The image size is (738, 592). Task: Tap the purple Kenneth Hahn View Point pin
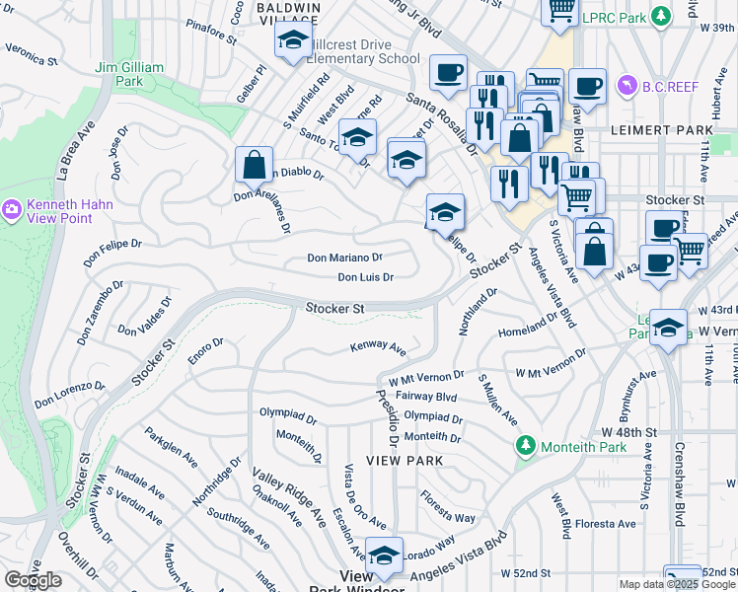click(x=12, y=209)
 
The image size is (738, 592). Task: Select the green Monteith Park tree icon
click(x=526, y=447)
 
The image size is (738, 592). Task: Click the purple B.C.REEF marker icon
click(x=626, y=87)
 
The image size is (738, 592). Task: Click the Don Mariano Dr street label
click(x=344, y=258)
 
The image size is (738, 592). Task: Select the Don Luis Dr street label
click(x=366, y=277)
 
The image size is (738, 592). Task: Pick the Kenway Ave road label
click(x=379, y=348)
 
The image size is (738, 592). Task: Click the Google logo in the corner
click(x=33, y=580)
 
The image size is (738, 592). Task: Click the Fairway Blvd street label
click(x=425, y=397)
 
